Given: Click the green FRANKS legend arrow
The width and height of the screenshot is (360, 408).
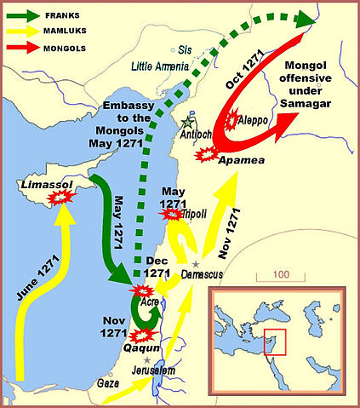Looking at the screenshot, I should [x=26, y=14].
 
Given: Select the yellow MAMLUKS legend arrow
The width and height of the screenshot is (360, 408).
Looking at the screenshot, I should [x=26, y=32].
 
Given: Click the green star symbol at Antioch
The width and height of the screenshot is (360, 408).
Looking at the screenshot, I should [x=188, y=122].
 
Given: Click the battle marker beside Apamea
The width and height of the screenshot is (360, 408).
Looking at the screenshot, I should [x=205, y=155].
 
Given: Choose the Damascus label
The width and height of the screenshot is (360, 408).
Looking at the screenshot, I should [x=203, y=274].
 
